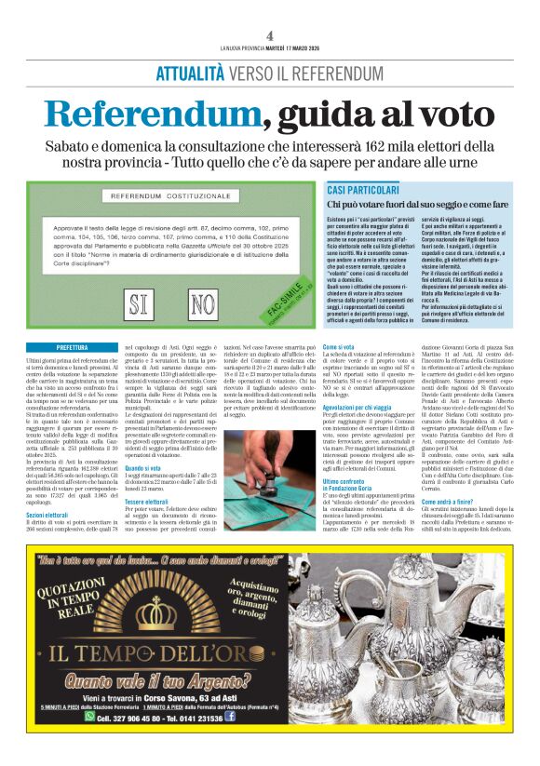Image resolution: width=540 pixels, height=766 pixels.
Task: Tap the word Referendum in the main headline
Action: coord(149,114)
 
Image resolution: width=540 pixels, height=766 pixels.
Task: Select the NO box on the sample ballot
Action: coord(201,303)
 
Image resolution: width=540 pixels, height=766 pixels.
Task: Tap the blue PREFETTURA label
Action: coord(72,346)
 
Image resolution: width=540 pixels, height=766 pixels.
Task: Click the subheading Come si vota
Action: coord(338,346)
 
